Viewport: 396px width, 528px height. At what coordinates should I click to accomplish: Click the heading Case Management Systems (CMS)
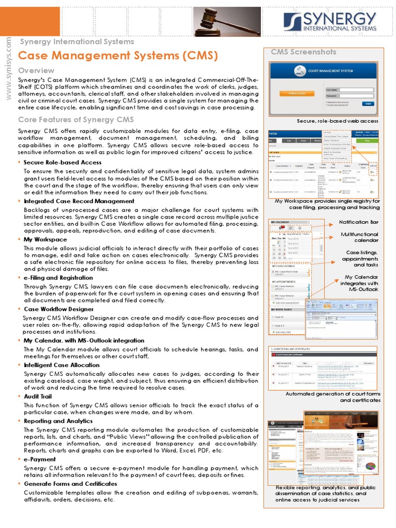(118, 56)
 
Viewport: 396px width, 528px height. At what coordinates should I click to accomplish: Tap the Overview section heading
(36, 70)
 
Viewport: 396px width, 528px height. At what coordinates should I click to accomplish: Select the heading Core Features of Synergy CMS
(76, 120)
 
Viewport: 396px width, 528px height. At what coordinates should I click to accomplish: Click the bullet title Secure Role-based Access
(62, 162)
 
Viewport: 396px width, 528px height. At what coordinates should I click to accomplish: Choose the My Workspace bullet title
(45, 239)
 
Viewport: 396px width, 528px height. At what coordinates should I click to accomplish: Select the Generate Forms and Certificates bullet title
(71, 484)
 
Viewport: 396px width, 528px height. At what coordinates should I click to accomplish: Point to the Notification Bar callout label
(358, 222)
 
